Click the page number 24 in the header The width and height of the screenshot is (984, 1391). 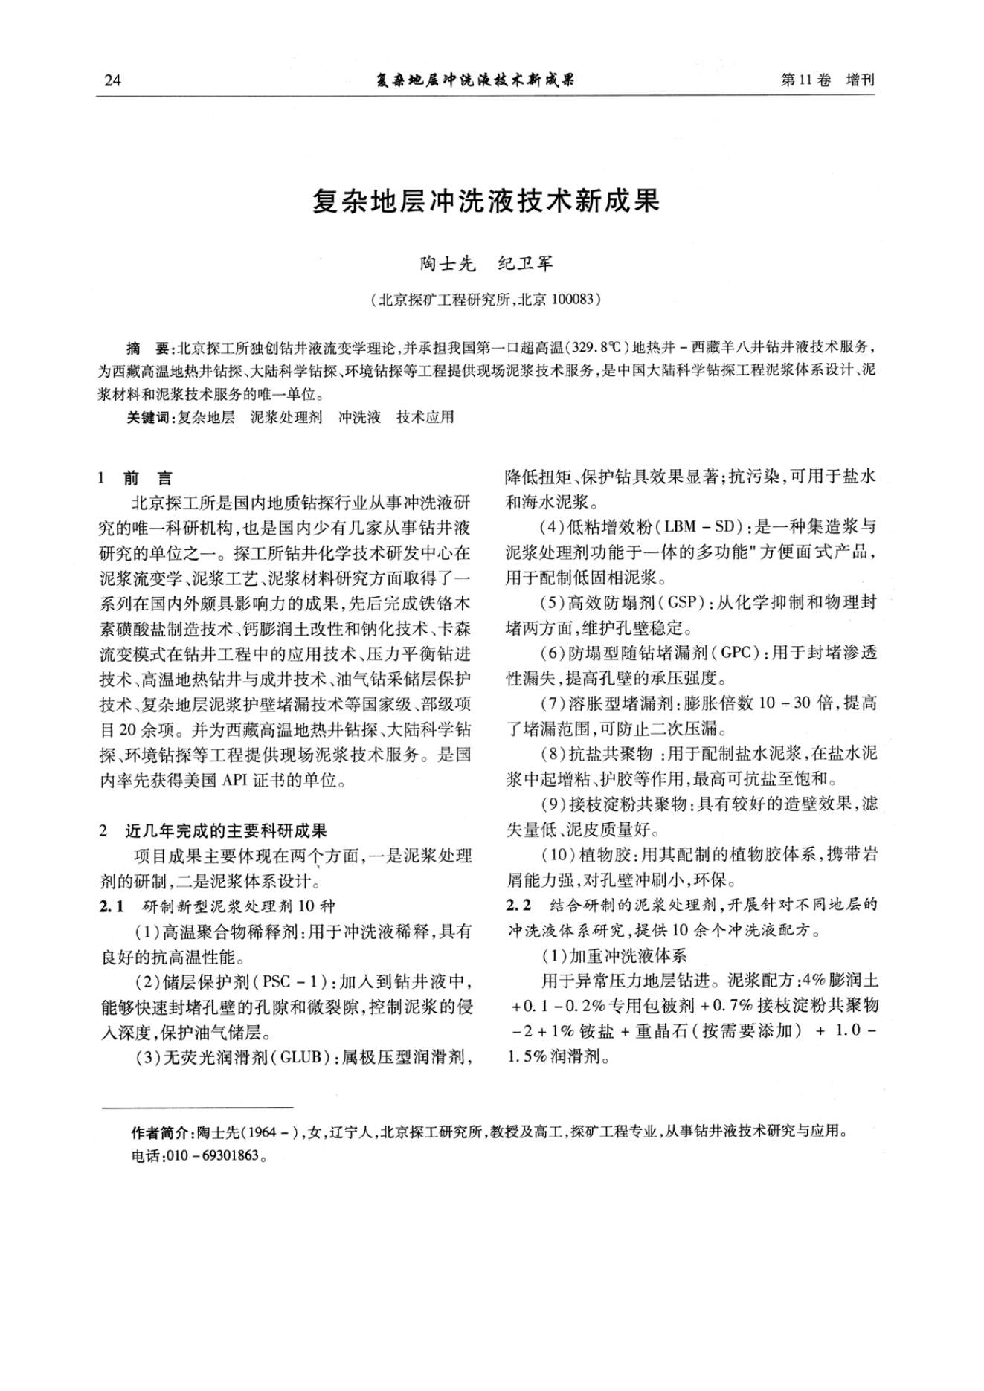112,80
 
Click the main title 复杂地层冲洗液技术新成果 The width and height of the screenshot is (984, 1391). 486,201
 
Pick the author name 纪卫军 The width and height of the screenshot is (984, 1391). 525,264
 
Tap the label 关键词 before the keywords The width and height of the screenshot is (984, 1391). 148,417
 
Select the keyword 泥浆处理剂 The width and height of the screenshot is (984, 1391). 286,417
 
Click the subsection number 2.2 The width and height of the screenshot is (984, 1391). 518,906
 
